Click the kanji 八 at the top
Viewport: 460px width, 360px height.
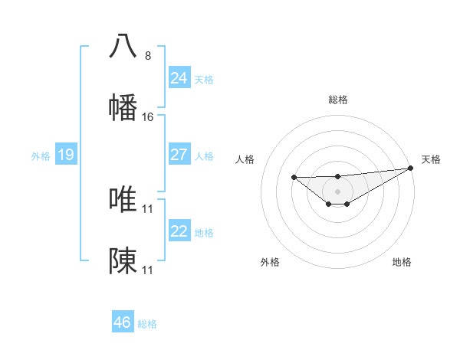pos(123,45)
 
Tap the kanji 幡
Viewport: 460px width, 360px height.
pos(123,107)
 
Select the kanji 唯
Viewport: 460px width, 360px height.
pos(123,199)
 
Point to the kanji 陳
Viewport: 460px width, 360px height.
pos(123,261)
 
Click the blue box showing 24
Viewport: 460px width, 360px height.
pos(179,78)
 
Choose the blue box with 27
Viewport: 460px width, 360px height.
pos(179,155)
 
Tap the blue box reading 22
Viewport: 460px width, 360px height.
pos(179,231)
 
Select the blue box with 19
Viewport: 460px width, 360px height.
pos(66,155)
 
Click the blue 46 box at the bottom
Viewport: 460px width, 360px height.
pos(123,322)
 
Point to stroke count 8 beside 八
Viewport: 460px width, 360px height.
pos(148,55)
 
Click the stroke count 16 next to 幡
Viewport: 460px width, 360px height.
pos(148,117)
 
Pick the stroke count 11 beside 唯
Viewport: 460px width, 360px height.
pos(148,208)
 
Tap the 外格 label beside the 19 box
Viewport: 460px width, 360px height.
pos(41,155)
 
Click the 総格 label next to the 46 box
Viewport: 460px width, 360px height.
pos(147,324)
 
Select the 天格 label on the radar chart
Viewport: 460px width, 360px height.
pos(431,159)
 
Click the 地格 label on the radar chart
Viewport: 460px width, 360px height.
pos(402,262)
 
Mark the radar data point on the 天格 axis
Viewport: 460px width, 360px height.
pos(411,168)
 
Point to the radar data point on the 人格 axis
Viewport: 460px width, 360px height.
pos(294,178)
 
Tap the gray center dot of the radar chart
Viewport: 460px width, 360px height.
pos(337,191)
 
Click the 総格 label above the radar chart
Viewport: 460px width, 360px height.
pos(337,100)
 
